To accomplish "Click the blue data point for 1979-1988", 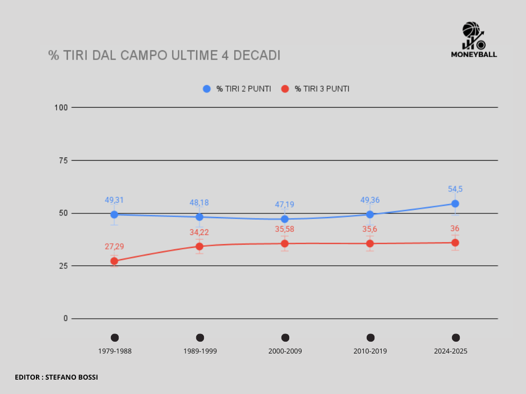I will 114,214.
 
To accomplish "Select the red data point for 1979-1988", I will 114,261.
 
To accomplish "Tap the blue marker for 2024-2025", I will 455,204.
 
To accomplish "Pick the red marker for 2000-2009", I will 285,243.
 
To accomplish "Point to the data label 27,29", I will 114,247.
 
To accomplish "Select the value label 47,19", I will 285,205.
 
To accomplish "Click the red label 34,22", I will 199,232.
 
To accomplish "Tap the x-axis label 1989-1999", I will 199,351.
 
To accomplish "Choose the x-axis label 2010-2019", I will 370,351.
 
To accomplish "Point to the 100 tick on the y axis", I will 61,107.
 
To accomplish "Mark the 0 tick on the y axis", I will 65,319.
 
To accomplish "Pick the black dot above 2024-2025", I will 455,338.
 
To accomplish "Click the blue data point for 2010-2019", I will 370,214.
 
